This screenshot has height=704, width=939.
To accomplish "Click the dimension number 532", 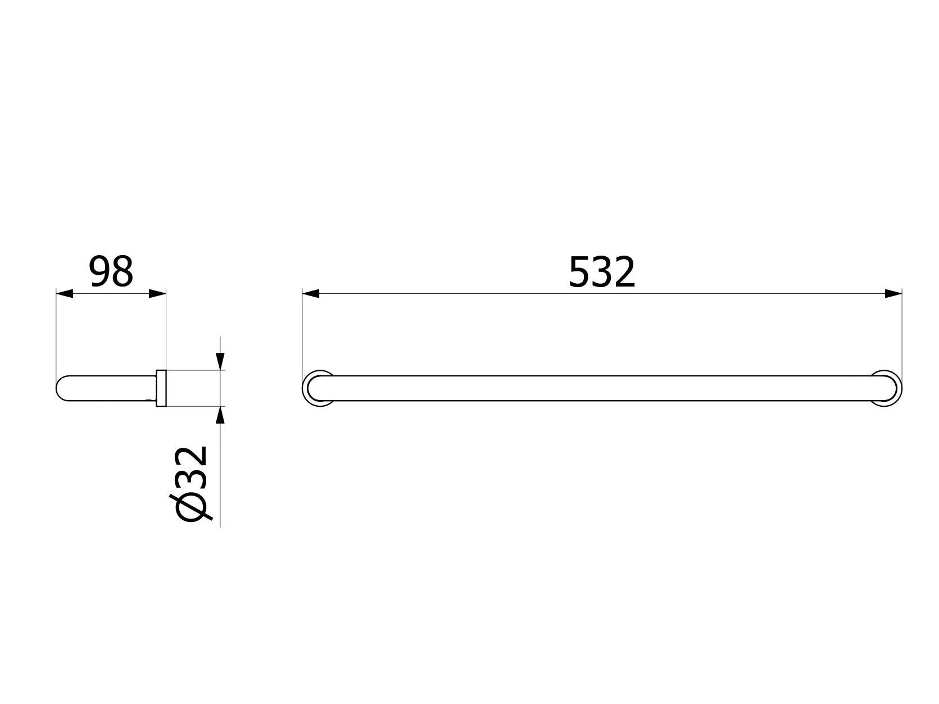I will click(x=601, y=272).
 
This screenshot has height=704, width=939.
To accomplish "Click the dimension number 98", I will click(x=111, y=271).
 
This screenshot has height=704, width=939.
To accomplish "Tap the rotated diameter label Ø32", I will click(x=193, y=484).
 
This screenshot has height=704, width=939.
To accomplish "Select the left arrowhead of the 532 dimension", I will click(x=311, y=293).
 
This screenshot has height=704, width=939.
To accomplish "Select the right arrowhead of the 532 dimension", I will click(x=893, y=293).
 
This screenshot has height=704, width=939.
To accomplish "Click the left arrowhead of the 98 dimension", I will click(x=65, y=293).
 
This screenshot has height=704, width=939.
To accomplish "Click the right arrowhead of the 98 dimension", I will click(x=158, y=293).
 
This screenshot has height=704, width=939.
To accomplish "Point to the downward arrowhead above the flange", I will click(x=220, y=360).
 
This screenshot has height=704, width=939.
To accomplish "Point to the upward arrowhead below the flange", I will click(x=220, y=415).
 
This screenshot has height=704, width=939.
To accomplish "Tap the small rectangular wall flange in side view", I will click(x=161, y=388).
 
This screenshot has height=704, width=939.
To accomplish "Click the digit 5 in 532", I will click(x=580, y=272).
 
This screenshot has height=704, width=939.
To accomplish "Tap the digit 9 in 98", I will click(x=100, y=271).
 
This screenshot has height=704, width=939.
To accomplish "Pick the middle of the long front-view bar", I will click(x=601, y=388).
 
